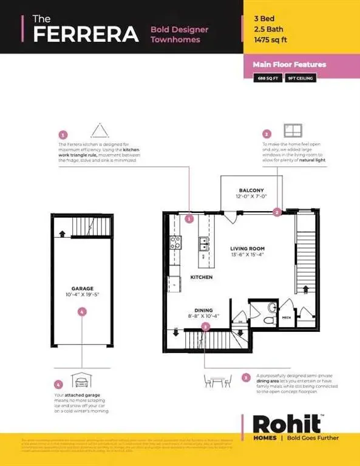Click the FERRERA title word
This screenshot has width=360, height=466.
[85, 34]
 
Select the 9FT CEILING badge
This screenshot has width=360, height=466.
[299, 78]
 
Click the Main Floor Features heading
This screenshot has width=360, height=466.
[290, 64]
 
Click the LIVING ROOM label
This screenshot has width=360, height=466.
[247, 249]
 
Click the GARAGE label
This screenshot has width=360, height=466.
[81, 289]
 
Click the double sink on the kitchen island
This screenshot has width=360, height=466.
[203, 244]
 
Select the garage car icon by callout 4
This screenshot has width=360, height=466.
[81, 381]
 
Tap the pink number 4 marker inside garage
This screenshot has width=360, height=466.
[82, 311]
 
